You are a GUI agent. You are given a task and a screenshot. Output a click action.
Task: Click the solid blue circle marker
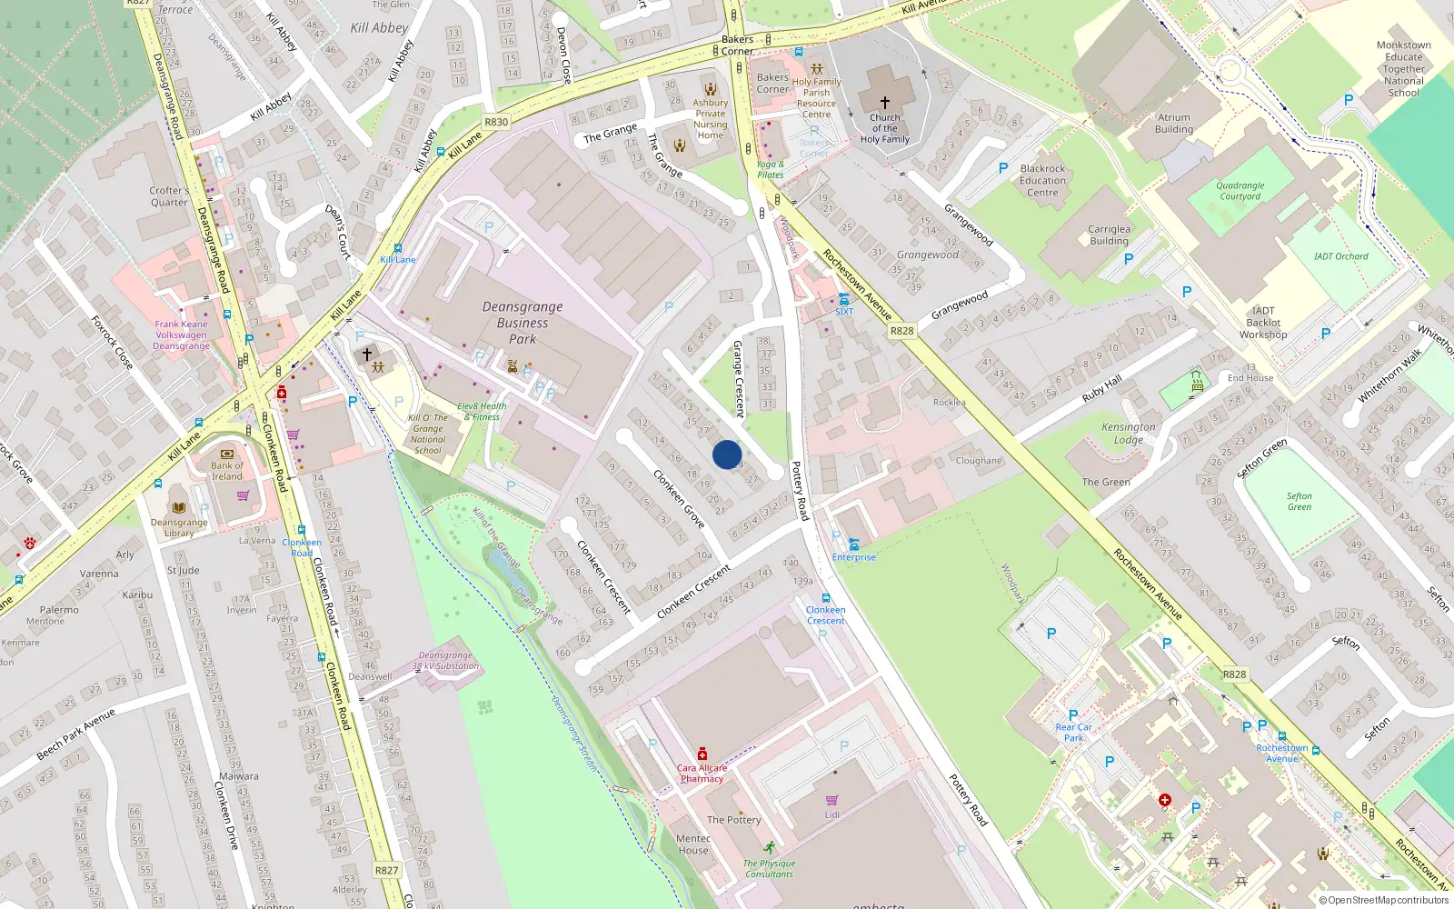727,454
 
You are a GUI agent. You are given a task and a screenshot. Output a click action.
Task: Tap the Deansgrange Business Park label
523,323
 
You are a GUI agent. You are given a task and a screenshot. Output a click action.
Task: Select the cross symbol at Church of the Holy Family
885,103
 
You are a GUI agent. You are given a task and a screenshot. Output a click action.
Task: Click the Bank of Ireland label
227,471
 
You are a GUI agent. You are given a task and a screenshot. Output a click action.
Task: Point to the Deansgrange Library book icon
179,507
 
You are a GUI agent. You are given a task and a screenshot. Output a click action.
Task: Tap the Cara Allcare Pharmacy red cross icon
702,754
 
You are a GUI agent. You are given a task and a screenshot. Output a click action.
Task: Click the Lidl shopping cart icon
832,800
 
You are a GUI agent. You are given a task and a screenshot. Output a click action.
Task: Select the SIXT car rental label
844,312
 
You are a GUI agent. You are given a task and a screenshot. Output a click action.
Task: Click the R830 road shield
496,122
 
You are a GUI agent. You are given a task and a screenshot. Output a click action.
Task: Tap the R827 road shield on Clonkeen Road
387,870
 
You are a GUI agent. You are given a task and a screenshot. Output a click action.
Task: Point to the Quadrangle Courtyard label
1240,191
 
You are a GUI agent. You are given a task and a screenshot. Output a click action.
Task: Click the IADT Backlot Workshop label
1263,323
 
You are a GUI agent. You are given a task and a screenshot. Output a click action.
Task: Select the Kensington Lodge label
1129,433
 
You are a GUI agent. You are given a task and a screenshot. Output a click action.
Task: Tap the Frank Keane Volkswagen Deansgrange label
181,335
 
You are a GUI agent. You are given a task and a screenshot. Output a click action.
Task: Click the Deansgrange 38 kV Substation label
445,661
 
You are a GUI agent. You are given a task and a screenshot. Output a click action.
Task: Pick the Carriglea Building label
1110,235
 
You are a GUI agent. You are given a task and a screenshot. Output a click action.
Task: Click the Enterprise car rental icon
854,544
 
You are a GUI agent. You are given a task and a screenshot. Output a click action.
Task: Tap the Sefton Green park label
1300,502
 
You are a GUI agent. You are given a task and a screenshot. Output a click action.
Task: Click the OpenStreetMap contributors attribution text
1384,900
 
